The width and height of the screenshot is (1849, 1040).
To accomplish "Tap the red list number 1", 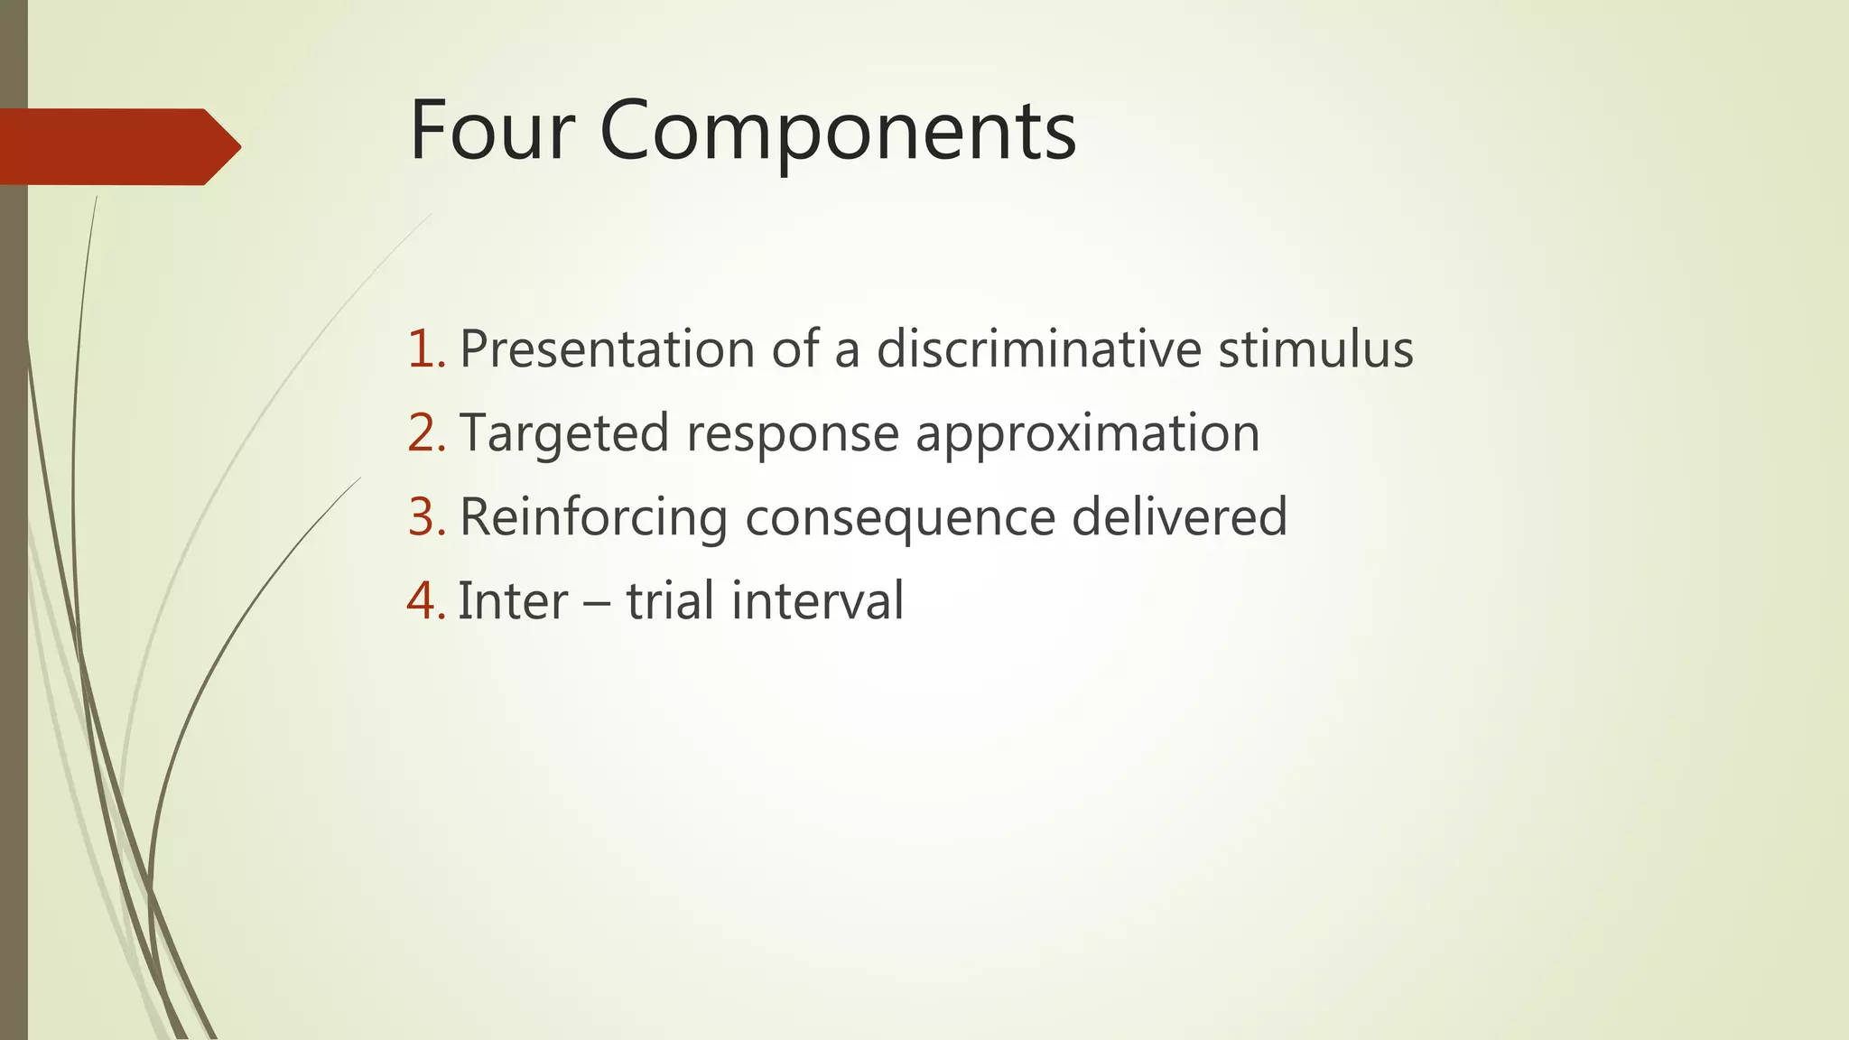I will pyautogui.click(x=425, y=349).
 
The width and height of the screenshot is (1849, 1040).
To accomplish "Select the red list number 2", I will pyautogui.click(x=425, y=433).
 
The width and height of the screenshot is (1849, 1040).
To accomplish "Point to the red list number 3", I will pyautogui.click(x=425, y=517).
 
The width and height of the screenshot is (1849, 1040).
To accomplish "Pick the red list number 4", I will pyautogui.click(x=425, y=601).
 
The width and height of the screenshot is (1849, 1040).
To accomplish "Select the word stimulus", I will pyautogui.click(x=1315, y=349).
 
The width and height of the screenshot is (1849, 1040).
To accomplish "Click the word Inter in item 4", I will pyautogui.click(x=513, y=601).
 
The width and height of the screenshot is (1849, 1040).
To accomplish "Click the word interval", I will pyautogui.click(x=817, y=601).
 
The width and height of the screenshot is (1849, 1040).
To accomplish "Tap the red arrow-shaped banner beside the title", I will pyautogui.click(x=117, y=147).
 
